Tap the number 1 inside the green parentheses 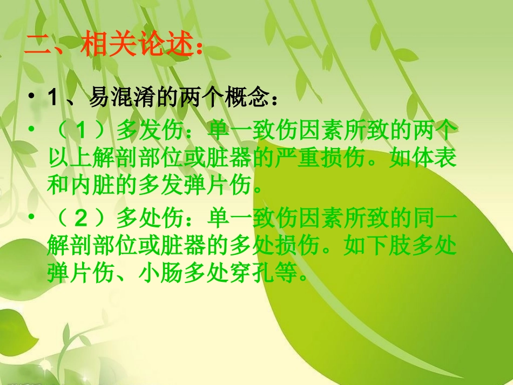(81, 131)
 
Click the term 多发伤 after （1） (145, 131)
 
